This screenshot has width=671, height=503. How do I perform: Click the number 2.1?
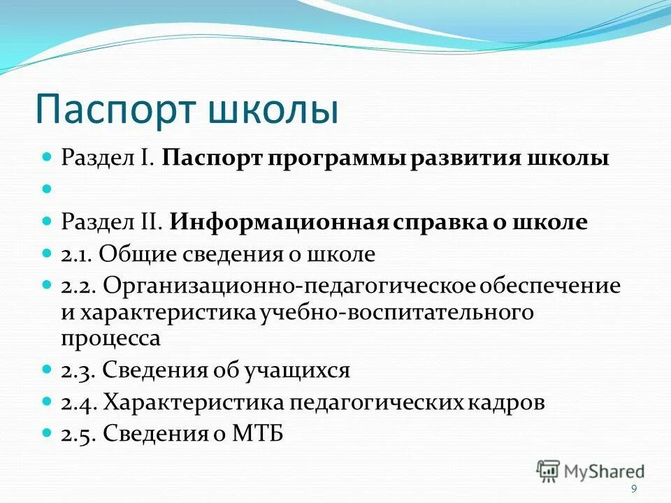76,255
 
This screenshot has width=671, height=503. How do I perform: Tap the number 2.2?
78,286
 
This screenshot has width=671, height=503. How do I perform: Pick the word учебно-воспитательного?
396,312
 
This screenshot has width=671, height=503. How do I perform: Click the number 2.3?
78,370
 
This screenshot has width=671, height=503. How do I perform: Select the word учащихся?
296,370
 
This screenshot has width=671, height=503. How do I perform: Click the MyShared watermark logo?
591,471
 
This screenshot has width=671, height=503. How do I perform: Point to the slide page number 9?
633,489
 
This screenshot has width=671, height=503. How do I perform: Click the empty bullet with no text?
48,189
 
